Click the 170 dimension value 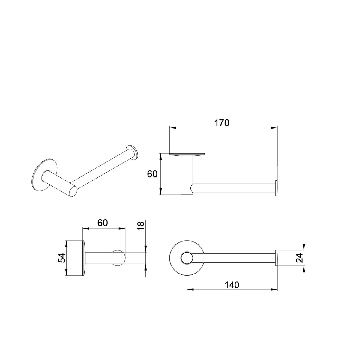222,123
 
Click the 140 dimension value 232,285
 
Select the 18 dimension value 141,226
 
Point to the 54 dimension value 62,258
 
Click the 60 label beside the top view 152,174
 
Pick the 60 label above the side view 103,223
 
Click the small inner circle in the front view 187,258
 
